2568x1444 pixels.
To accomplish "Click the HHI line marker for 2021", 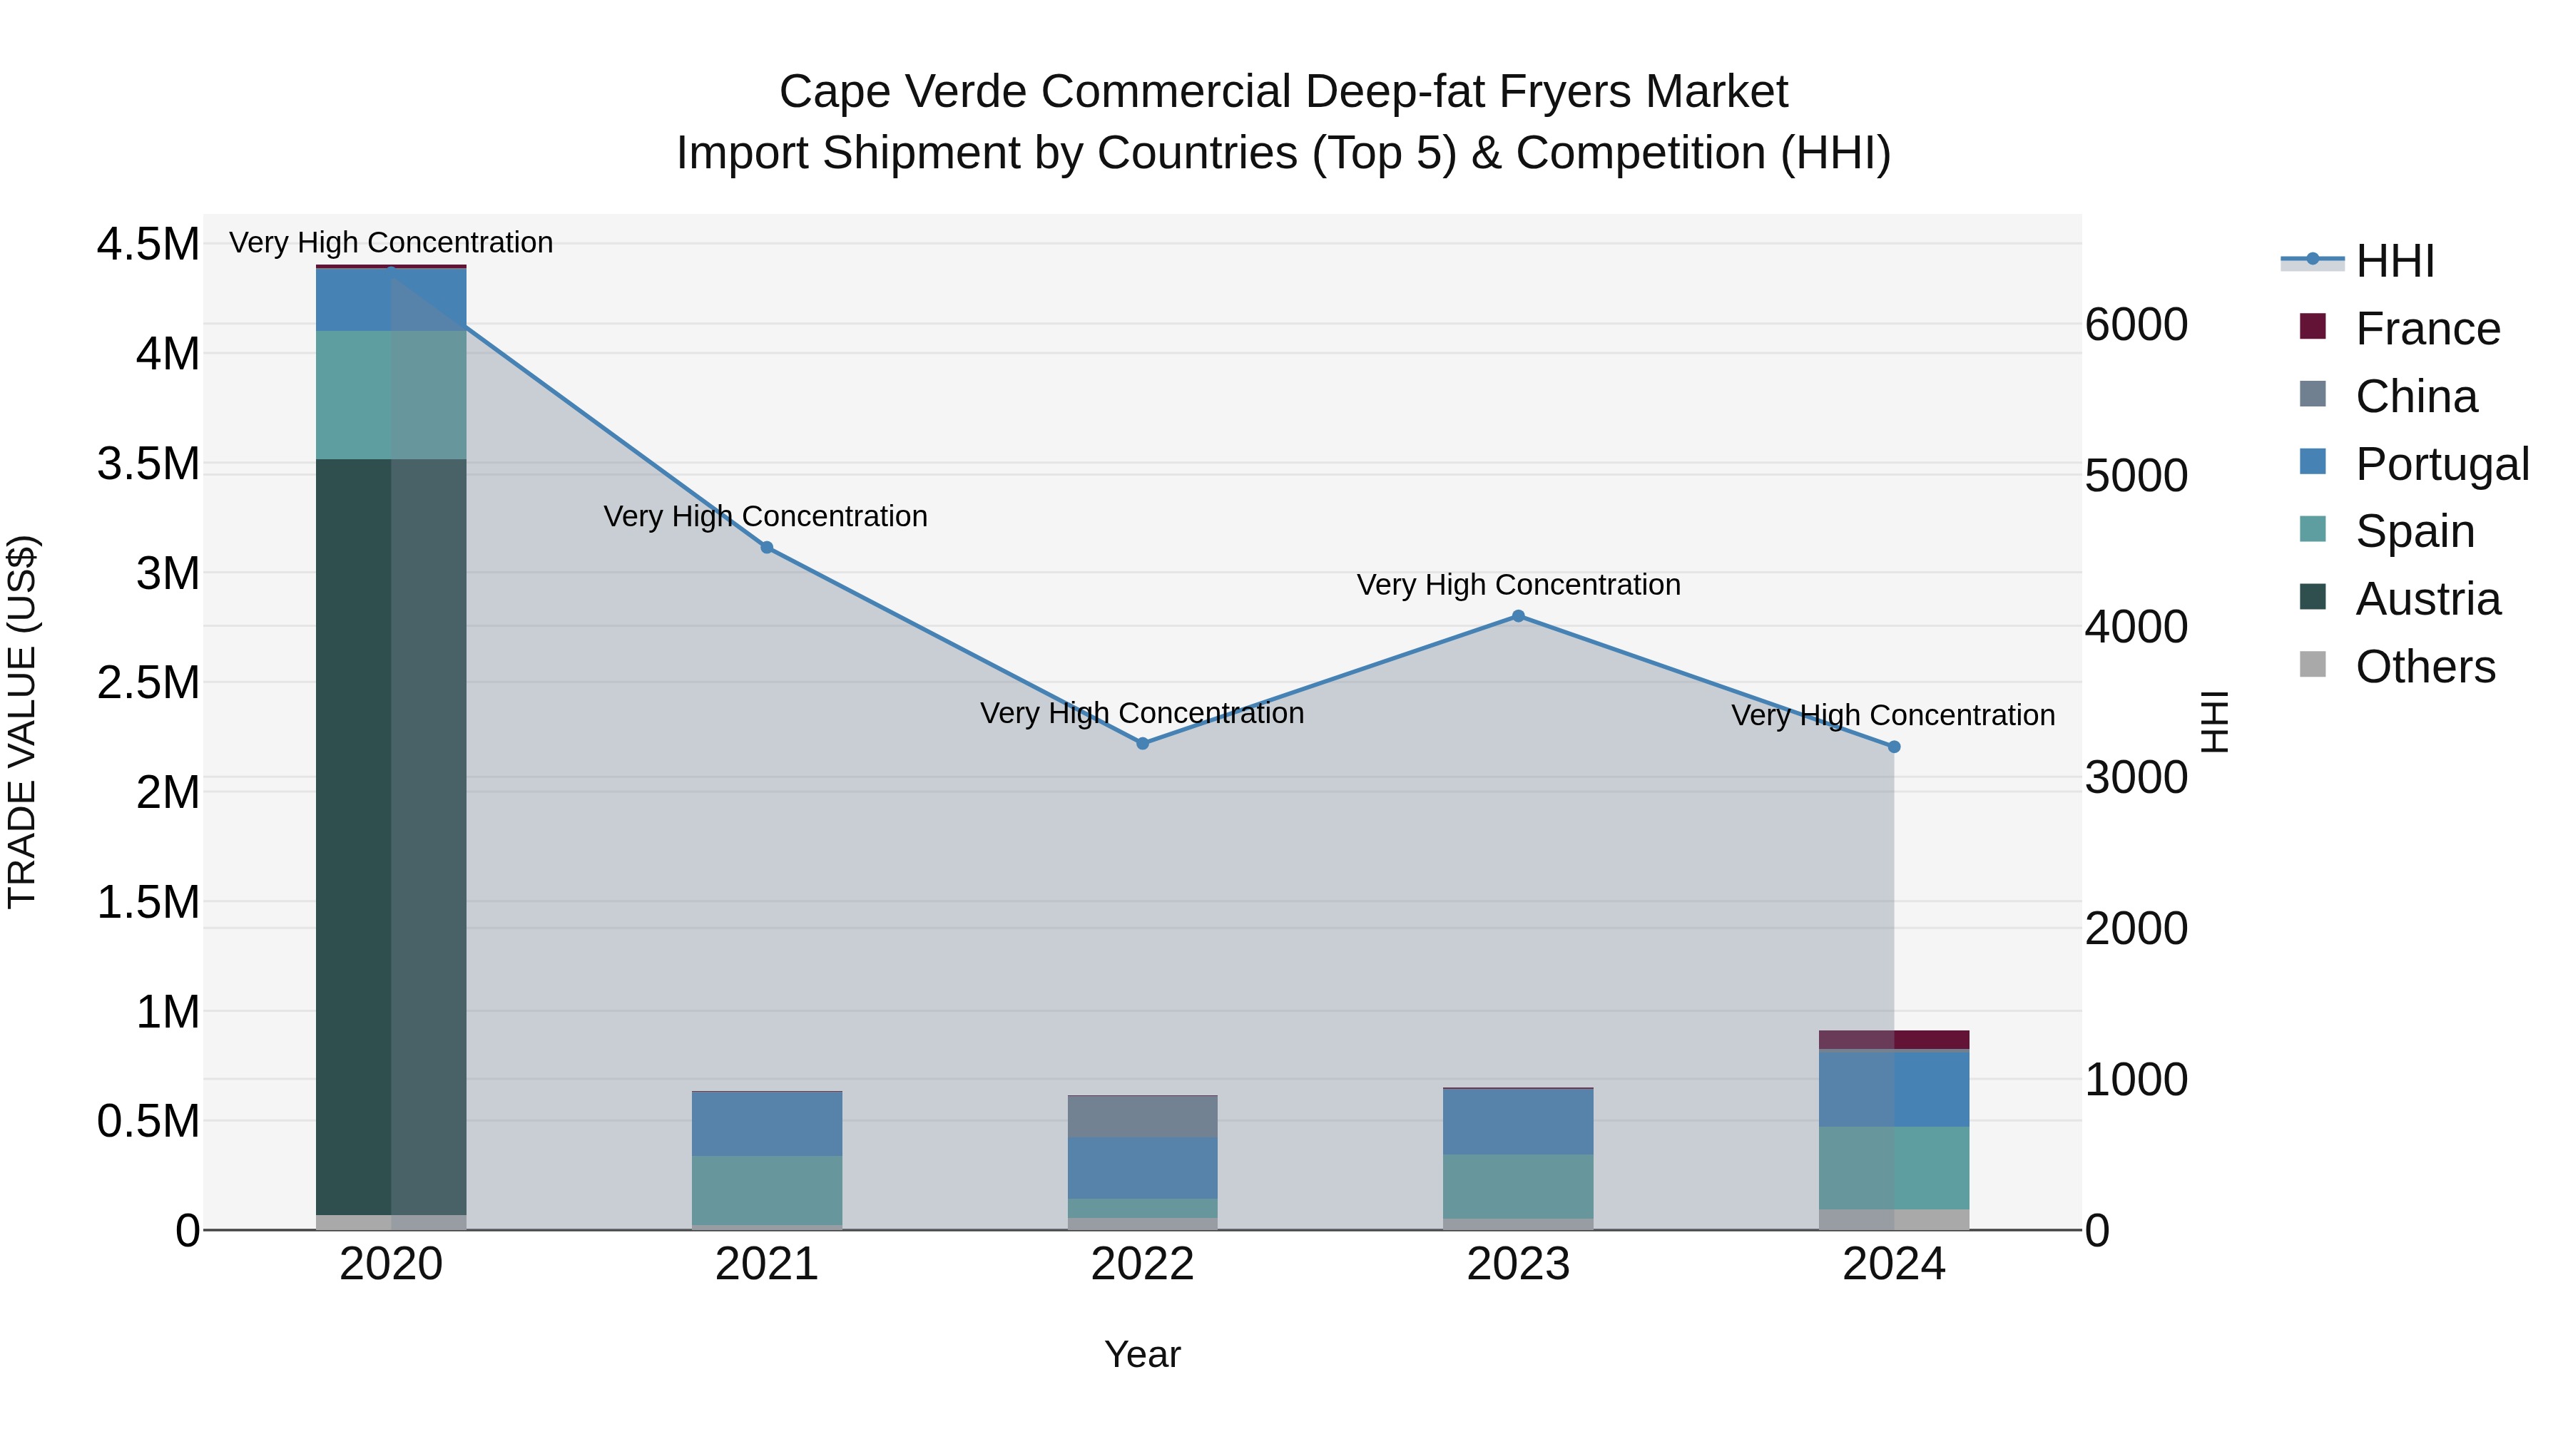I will point(767,547).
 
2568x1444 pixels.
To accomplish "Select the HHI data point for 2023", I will point(1518,616).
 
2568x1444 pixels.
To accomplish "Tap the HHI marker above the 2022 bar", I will point(1143,744).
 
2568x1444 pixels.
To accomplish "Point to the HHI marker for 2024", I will point(1894,747).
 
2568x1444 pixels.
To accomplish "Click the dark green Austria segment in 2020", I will point(391,837).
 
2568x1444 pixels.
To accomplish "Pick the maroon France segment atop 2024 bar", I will point(1894,1040).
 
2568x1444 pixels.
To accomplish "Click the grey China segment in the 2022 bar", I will point(1143,1116).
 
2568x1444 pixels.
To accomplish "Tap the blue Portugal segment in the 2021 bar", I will point(767,1124).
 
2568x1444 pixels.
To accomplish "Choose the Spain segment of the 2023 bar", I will point(1518,1186).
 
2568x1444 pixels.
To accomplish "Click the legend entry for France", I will point(2427,329).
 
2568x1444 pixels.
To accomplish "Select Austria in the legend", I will point(2427,599).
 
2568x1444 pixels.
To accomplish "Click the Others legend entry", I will point(2425,667).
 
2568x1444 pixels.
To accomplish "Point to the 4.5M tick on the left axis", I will point(148,244).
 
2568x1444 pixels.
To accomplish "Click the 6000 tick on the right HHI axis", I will point(2135,325).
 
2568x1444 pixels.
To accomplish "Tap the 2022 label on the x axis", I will point(1143,1264).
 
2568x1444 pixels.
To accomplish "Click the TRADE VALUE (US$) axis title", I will point(22,722).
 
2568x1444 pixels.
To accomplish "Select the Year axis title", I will point(1143,1354).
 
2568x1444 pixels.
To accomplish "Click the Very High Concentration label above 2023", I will point(1518,585).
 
